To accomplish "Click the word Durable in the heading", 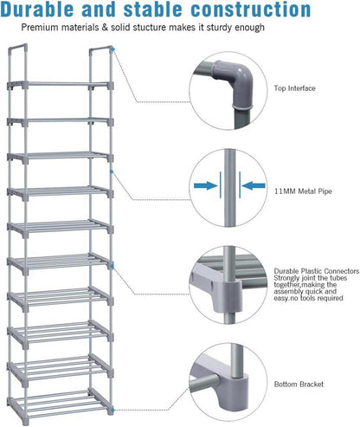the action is [x=37, y=9].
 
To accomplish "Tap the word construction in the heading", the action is [x=251, y=9].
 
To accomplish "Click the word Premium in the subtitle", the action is [x=40, y=28].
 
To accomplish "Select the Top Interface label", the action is [x=294, y=88].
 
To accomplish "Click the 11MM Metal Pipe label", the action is [x=303, y=191].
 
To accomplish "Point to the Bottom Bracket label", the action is [x=299, y=385].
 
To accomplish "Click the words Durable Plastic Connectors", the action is [x=317, y=271].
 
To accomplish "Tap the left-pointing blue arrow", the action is [x=254, y=185].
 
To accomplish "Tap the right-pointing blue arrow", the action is [x=206, y=185].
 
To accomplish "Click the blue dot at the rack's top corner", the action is [x=113, y=49].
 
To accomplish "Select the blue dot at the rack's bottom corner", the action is [x=112, y=410].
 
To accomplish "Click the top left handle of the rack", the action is [x=18, y=49].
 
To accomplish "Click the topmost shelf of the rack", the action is [x=60, y=85].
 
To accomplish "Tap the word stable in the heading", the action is [x=153, y=9].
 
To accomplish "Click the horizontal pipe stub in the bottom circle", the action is [x=205, y=384].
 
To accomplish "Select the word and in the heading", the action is [x=99, y=9].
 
